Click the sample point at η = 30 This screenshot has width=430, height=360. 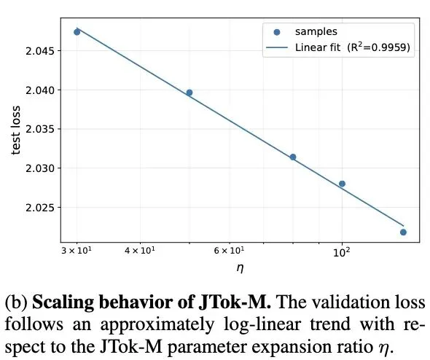[77, 32]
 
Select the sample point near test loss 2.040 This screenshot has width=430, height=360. [189, 93]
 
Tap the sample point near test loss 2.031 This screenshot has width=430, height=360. [293, 157]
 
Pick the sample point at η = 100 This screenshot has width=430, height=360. [342, 184]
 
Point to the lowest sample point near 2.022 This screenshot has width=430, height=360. [403, 232]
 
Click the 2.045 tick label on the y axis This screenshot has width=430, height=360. [36, 51]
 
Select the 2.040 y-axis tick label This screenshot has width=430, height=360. [36, 90]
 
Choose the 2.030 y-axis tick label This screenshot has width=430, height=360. [36, 168]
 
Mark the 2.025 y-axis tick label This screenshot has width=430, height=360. [36, 208]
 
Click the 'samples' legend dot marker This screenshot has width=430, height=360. [276, 32]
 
